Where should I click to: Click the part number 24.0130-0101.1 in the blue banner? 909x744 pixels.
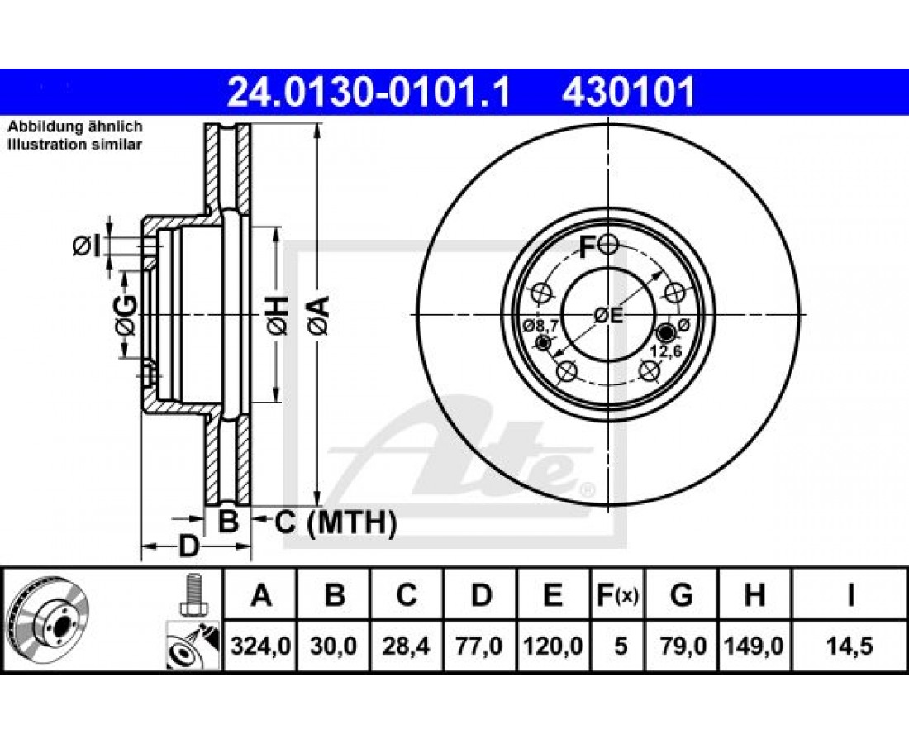pyautogui.click(x=369, y=93)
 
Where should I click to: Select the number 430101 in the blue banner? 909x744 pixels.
pyautogui.click(x=628, y=93)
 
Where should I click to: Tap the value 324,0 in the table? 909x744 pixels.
pyautogui.click(x=260, y=646)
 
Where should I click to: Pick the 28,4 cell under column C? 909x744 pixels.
pyautogui.click(x=407, y=646)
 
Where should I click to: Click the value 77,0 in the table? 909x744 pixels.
pyautogui.click(x=481, y=646)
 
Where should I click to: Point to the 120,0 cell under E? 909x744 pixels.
pyautogui.click(x=553, y=646)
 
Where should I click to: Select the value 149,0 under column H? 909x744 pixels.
pyautogui.click(x=754, y=646)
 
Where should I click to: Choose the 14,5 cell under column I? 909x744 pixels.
pyautogui.click(x=850, y=646)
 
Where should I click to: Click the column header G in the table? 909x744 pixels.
pyautogui.click(x=681, y=595)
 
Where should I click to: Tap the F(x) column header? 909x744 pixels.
pyautogui.click(x=616, y=595)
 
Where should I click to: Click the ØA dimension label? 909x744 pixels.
pyautogui.click(x=319, y=315)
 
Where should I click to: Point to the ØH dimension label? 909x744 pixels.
pyautogui.click(x=277, y=315)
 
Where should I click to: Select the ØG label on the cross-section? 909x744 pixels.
pyautogui.click(x=126, y=315)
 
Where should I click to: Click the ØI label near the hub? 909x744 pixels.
pyautogui.click(x=87, y=246)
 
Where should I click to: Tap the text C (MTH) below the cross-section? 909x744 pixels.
pyautogui.click(x=335, y=523)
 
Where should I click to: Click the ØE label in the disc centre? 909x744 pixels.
pyautogui.click(x=607, y=316)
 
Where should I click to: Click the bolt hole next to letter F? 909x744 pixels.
pyautogui.click(x=608, y=246)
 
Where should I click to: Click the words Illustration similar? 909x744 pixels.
pyautogui.click(x=74, y=145)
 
